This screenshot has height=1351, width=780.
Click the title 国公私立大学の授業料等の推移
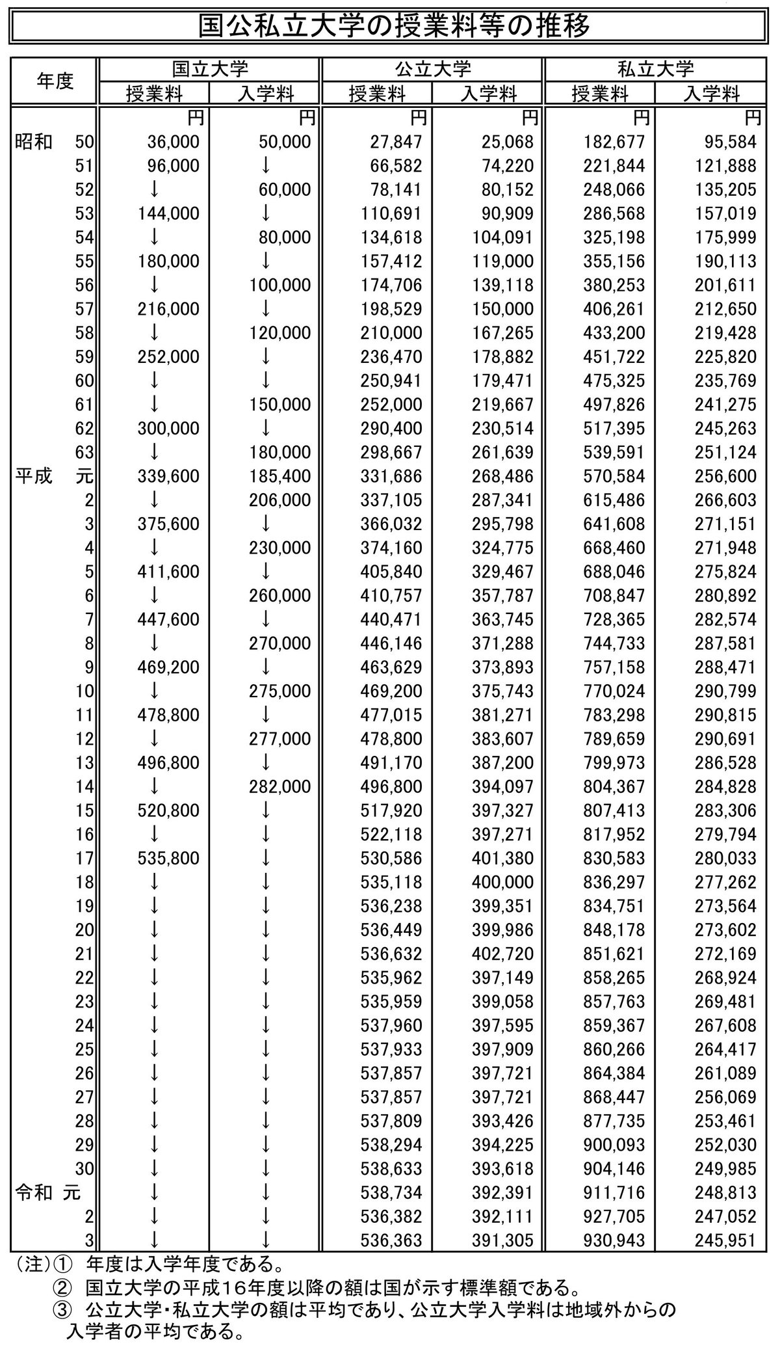coord(389,27)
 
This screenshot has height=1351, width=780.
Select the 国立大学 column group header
coord(209,69)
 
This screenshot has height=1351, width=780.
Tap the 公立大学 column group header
coord(432,69)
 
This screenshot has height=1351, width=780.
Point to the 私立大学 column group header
coord(655,69)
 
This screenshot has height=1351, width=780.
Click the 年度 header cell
coord(55,81)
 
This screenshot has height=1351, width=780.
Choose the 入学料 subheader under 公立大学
coord(488,94)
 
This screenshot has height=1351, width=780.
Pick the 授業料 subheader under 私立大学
coord(599,94)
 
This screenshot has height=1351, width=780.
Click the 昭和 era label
coord(33,142)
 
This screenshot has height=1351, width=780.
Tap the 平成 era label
coord(33,476)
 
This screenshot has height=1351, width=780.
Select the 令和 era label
coord(33,1193)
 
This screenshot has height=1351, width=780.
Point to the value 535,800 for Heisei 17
coord(168,859)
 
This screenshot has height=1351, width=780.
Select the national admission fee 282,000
coord(280,787)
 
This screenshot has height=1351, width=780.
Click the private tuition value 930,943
coord(614,1240)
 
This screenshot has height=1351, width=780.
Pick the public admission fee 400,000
coord(503,883)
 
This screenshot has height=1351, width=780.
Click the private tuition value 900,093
coord(614,1145)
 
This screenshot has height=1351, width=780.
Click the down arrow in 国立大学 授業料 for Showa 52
coord(154,189)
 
